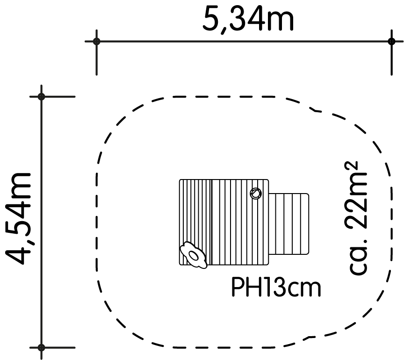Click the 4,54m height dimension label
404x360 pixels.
[19, 218]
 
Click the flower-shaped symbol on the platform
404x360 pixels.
[193, 255]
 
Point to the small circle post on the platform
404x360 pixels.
[256, 193]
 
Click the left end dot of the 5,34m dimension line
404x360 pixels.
[97, 41]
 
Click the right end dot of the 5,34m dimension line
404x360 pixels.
[391, 41]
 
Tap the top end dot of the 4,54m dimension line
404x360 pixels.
[41, 97]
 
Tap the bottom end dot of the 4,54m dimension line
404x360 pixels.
[41, 348]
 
